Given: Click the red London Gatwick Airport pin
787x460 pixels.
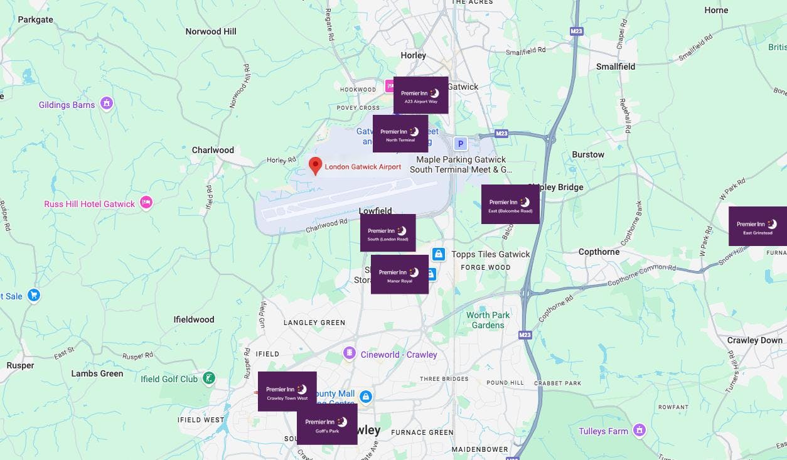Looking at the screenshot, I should pos(316,166).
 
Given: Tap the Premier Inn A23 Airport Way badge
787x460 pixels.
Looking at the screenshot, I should pos(420,95).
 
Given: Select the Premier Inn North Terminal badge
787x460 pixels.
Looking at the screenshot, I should pos(400,133).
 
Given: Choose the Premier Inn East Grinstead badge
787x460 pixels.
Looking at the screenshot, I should pos(758,226).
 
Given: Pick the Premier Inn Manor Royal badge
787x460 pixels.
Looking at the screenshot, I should pos(400,274).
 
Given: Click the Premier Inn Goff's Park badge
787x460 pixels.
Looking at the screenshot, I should pos(327,424).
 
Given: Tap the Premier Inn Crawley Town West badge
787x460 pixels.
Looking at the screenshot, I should pos(287,391).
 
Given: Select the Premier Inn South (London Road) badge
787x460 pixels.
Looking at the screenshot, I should pos(388,233).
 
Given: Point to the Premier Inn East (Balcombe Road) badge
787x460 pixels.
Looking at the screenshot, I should pos(510,204).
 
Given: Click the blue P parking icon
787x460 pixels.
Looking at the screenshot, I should pos(461,144).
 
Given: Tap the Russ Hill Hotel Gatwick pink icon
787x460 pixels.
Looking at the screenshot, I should pos(146,202).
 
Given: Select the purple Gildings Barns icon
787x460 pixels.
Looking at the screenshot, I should pos(107,103).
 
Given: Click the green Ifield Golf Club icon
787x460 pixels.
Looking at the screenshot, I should pos(210,378).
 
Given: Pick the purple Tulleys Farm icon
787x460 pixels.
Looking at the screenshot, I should pos(640,430).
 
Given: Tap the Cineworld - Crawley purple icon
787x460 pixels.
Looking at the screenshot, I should pos(348,354).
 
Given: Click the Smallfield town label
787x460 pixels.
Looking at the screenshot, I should pos(615,67).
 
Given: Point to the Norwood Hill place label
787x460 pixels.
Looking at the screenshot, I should pos(211,31).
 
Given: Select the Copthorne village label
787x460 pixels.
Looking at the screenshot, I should pos(599,252).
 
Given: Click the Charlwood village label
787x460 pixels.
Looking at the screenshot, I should pos(213,150).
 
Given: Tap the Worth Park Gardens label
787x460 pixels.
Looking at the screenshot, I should pos(488,320).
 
